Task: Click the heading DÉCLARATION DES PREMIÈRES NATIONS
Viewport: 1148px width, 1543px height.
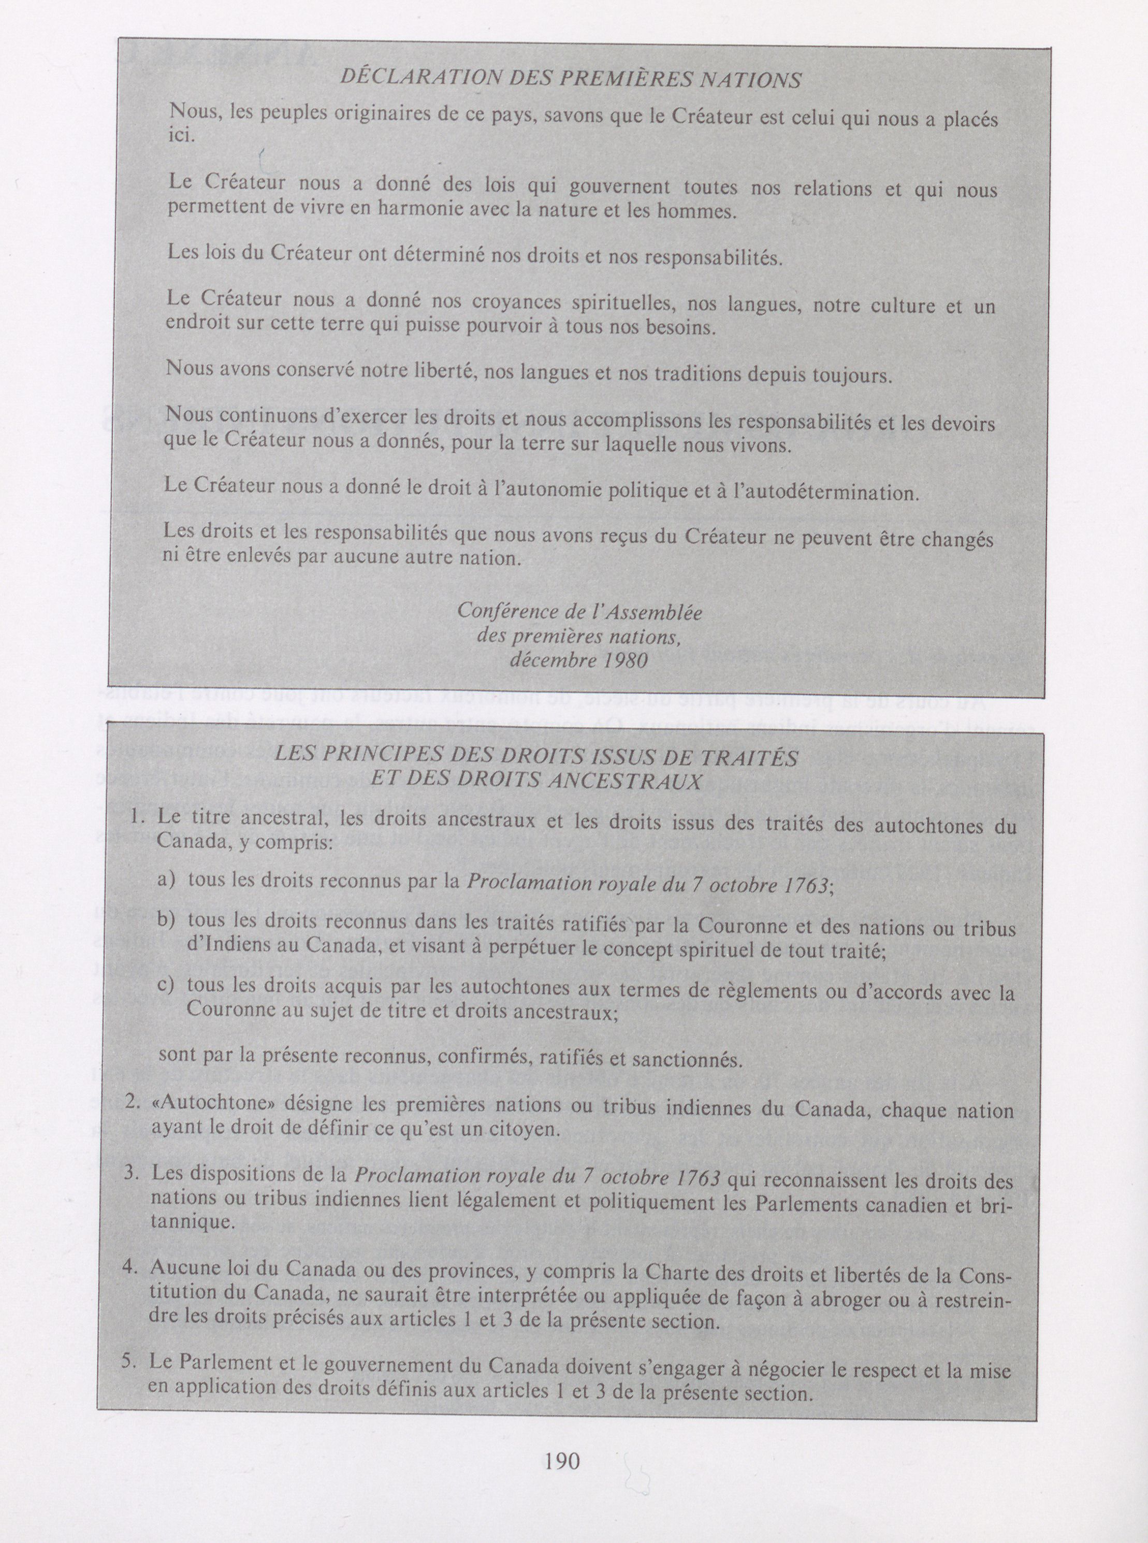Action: coord(571,79)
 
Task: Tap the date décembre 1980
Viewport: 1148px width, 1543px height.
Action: coord(578,659)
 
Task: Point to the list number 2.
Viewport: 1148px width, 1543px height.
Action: coord(138,1108)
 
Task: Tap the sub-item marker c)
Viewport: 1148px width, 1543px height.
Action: coord(167,986)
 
